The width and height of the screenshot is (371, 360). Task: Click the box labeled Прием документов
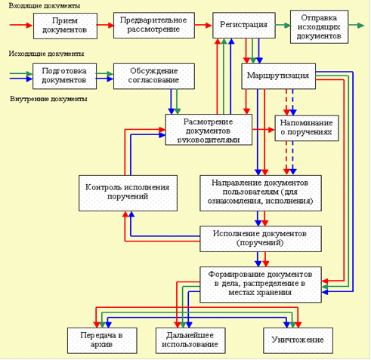pyautogui.click(x=65, y=26)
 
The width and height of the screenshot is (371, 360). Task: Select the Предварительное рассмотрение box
pyautogui.click(x=154, y=25)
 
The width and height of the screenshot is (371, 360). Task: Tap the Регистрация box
pyautogui.click(x=244, y=25)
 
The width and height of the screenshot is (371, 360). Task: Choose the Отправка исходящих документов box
pyautogui.click(x=319, y=26)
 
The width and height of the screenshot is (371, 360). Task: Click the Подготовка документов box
pyautogui.click(x=64, y=76)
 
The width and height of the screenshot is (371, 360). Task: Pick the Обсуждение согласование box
pyautogui.click(x=154, y=76)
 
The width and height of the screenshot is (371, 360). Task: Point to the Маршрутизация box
pyautogui.click(x=278, y=76)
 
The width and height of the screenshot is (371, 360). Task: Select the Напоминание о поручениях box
pyautogui.click(x=307, y=128)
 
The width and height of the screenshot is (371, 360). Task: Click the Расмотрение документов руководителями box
pyautogui.click(x=209, y=130)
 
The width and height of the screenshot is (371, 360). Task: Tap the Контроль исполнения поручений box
pyautogui.click(x=128, y=193)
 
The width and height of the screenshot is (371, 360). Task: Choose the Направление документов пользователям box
pyautogui.click(x=261, y=193)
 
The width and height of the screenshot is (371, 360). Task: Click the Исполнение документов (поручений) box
pyautogui.click(x=261, y=238)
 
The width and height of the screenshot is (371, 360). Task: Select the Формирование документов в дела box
pyautogui.click(x=261, y=285)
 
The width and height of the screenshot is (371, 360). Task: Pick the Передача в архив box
pyautogui.click(x=102, y=340)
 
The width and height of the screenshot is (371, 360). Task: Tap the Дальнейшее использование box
pyautogui.click(x=190, y=340)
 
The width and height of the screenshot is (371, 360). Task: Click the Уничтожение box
pyautogui.click(x=298, y=340)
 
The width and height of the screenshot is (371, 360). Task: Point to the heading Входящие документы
pyautogui.click(x=45, y=6)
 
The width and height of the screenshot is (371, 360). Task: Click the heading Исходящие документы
pyautogui.click(x=46, y=54)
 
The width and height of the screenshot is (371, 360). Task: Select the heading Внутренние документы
pyautogui.click(x=48, y=99)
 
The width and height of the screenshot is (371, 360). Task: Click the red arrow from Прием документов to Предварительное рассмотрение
pyautogui.click(x=105, y=25)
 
